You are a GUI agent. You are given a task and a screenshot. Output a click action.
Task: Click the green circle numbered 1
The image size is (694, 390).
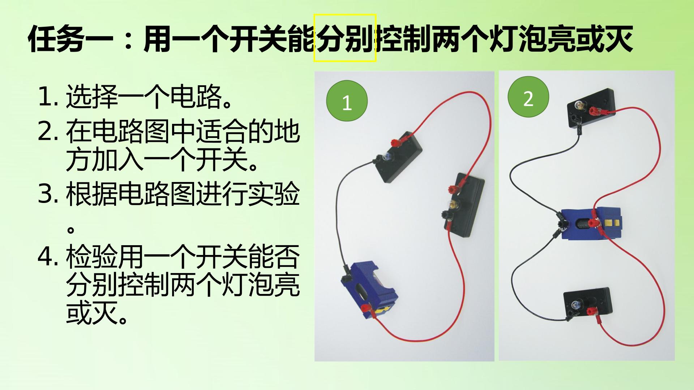pos(347,101)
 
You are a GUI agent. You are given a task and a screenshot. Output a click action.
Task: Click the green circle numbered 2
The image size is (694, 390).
pos(528,97)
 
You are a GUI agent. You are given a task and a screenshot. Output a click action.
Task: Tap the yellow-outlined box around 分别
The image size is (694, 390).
pos(345,38)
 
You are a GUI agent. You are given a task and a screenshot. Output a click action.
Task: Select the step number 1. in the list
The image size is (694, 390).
pos(48,97)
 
